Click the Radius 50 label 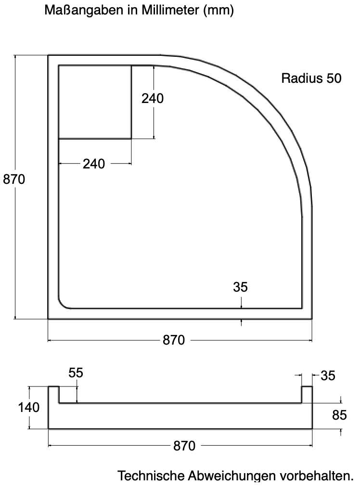(311, 78)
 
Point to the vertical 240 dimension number (153, 98)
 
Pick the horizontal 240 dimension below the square (94, 164)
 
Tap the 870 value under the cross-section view (184, 446)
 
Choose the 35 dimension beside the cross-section (328, 375)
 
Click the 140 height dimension (29, 407)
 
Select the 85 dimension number (339, 415)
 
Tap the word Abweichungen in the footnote (229, 476)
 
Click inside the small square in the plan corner (95, 102)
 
